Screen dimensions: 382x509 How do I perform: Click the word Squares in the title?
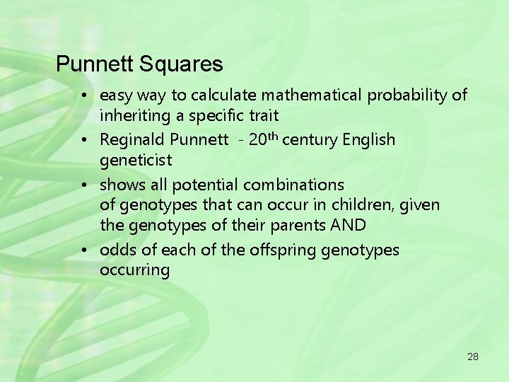[181, 65]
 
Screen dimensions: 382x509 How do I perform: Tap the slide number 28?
[473, 357]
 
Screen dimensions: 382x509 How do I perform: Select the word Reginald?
[132, 140]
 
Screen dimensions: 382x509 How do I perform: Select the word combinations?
[293, 185]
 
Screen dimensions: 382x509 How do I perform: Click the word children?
[370, 205]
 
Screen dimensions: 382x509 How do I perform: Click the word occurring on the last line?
[135, 270]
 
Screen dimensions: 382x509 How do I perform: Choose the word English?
[368, 140]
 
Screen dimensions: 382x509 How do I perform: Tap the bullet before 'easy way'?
[83, 95]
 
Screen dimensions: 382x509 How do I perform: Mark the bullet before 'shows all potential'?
[83, 185]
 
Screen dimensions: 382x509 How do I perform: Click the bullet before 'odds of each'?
[83, 250]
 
